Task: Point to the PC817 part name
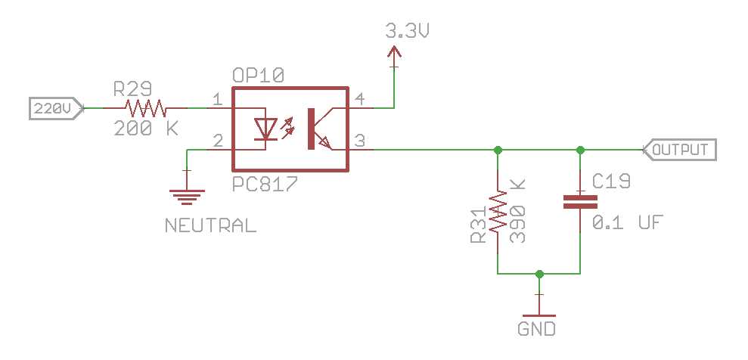pos(265,184)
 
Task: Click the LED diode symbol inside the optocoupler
pos(265,129)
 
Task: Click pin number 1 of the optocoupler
pos(217,99)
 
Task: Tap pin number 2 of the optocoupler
pos(217,141)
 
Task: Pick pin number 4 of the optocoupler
pos(360,99)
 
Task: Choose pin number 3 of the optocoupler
pos(360,141)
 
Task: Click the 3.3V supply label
pos(408,32)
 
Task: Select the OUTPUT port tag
pos(678,150)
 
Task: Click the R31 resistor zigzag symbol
pos(498,211)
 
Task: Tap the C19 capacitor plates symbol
pos(580,201)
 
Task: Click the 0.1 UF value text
pos(628,223)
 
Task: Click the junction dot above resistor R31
pos(498,150)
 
